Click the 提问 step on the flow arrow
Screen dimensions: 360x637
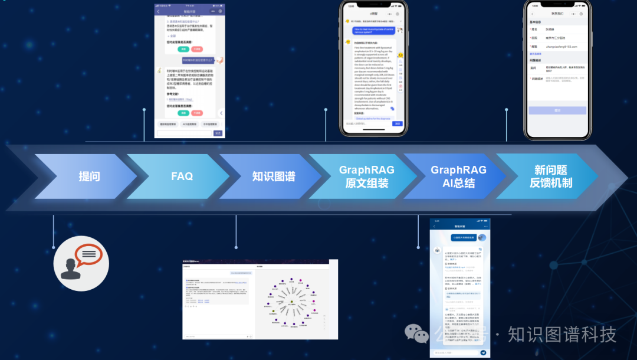coord(90,176)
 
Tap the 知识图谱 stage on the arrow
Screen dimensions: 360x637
coord(274,176)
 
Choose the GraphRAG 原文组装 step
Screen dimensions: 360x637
coord(367,176)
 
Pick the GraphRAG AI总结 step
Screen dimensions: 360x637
coord(459,176)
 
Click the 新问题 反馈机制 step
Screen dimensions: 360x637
coord(551,176)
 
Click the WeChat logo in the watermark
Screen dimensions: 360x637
coord(416,334)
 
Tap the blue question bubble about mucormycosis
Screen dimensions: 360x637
coord(374,31)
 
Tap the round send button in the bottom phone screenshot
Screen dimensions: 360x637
coord(484,352)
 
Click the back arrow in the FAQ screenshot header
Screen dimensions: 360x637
coord(158,11)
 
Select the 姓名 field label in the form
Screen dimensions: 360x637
coord(534,28)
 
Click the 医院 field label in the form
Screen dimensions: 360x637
coord(534,37)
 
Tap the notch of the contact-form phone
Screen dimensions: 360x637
coord(557,3)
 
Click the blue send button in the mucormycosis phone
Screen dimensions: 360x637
coord(398,123)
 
